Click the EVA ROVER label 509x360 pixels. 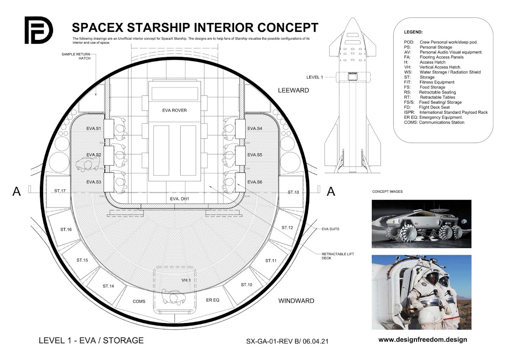tap(174, 110)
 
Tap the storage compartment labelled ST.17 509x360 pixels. tap(57, 191)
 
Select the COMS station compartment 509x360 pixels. tap(139, 301)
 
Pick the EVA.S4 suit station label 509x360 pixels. tap(255, 128)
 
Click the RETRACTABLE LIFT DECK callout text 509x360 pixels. tap(332, 256)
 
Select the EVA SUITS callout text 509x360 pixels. tap(330, 229)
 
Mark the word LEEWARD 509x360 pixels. tap(293, 90)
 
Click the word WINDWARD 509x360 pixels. tap(296, 301)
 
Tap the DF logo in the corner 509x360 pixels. tap(39, 30)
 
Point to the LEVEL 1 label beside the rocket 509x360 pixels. tap(315, 77)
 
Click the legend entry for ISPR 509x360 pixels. tap(445, 112)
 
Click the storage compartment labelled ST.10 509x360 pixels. tap(246, 284)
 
